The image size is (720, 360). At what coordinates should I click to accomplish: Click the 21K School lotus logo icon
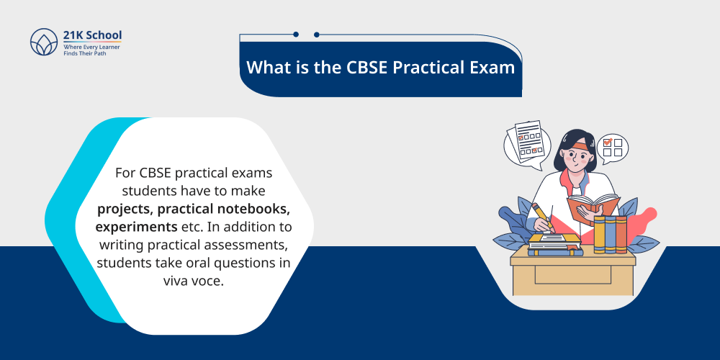point(43,42)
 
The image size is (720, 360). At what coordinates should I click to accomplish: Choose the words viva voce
point(194,279)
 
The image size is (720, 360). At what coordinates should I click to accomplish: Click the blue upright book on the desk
point(610,234)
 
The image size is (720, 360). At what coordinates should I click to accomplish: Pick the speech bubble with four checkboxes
point(612,147)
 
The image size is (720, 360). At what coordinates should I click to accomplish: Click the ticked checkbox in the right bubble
point(608,142)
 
